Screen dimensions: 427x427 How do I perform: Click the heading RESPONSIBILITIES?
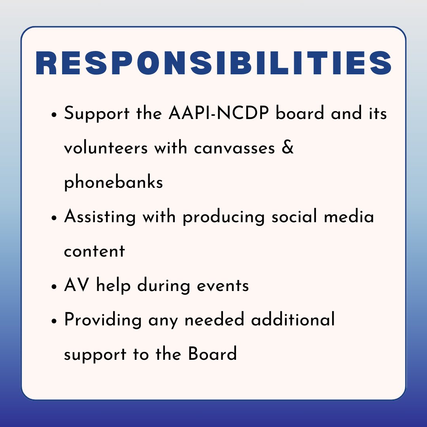[x=213, y=63]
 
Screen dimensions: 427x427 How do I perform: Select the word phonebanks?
[x=113, y=182]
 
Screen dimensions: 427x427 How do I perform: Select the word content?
[x=94, y=251]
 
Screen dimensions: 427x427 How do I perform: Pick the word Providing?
[x=103, y=319]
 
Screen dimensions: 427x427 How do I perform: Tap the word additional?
[x=293, y=319]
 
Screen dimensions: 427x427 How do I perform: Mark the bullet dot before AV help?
[x=55, y=287]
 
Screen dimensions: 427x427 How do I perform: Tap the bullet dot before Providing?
[x=55, y=321]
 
